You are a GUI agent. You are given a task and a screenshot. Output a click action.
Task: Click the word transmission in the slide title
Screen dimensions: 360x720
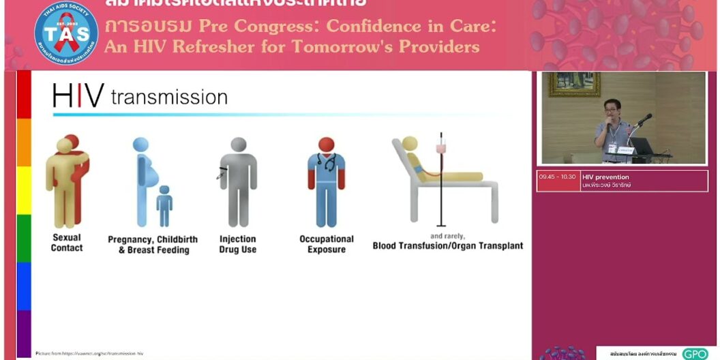point(169,97)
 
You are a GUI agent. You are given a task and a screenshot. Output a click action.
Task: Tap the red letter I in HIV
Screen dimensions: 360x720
point(80,96)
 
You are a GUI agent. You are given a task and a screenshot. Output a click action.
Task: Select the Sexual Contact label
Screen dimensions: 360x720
point(67,243)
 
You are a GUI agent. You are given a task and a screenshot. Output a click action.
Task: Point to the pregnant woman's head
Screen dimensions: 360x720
point(140,145)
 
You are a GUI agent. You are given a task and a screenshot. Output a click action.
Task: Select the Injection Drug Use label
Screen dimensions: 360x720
point(237,244)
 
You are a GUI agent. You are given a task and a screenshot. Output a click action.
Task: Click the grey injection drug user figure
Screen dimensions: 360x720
point(238,181)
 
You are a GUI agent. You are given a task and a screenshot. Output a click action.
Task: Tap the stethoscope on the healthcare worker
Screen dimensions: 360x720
point(327,164)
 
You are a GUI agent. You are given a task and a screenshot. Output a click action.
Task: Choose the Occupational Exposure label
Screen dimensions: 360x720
point(327,244)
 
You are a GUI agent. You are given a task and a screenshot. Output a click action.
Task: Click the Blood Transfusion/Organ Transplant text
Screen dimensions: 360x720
point(447,245)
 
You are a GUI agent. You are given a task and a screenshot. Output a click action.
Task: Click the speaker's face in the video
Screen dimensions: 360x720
point(611,108)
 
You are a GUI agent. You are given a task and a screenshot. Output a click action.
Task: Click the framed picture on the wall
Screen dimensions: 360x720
point(574,84)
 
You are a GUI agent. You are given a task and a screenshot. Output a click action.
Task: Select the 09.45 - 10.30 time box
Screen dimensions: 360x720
point(557,177)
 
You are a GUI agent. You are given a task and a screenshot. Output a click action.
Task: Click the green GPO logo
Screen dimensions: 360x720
point(695,353)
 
